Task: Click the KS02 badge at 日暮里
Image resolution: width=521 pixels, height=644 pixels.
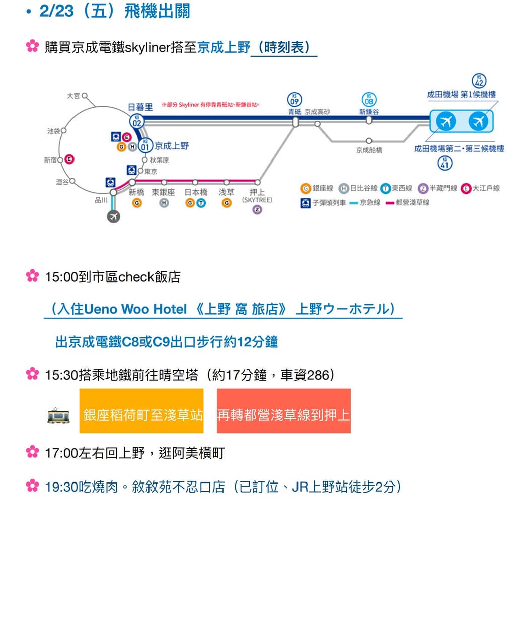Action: pos(136,121)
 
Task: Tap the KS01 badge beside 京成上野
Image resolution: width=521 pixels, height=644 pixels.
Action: pos(145,146)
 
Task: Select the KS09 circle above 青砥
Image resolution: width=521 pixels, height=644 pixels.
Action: pos(294,99)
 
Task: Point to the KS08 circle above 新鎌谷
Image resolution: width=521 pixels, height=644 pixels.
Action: pos(369,100)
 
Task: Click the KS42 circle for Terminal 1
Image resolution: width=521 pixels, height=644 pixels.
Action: pos(479,81)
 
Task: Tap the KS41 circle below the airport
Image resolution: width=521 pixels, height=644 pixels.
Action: pos(444,163)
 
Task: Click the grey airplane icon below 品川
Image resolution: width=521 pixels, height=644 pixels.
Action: pos(114,216)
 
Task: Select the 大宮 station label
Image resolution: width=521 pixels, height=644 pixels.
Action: pos(73,96)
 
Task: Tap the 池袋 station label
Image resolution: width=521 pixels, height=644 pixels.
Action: pos(54,131)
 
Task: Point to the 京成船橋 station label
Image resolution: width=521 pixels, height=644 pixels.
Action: pos(369,150)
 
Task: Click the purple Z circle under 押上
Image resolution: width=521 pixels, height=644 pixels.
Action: pos(257,210)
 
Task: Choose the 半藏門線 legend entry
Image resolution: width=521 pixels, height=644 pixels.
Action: pos(438,188)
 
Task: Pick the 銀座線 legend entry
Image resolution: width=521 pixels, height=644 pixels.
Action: pos(318,188)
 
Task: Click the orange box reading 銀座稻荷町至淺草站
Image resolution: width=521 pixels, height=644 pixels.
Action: pos(141,411)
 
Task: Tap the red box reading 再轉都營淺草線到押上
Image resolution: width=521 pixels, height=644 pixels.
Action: pos(283,411)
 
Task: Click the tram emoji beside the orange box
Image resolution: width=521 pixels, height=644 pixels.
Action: pos(58,415)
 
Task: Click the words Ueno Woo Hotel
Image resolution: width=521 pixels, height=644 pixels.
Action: pos(135,309)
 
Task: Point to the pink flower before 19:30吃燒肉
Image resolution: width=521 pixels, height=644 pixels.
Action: pos(32,486)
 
